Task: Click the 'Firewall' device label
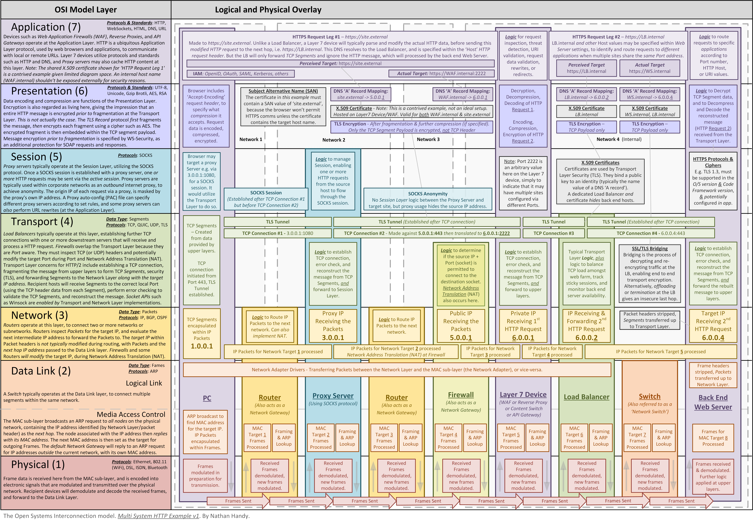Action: [x=461, y=395]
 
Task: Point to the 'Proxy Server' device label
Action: [x=333, y=396]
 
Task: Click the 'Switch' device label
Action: [x=650, y=397]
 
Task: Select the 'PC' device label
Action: [x=207, y=398]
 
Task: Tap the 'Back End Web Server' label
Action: [x=713, y=402]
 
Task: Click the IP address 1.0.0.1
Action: [x=202, y=346]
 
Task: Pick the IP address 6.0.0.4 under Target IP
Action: [x=713, y=337]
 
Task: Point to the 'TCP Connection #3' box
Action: [x=553, y=233]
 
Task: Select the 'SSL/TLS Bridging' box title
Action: [x=650, y=248]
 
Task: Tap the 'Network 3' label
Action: [x=428, y=139]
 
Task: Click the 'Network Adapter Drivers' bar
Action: [x=397, y=370]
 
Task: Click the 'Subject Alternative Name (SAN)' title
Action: [x=283, y=91]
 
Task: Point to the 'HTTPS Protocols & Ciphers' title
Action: [x=713, y=162]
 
